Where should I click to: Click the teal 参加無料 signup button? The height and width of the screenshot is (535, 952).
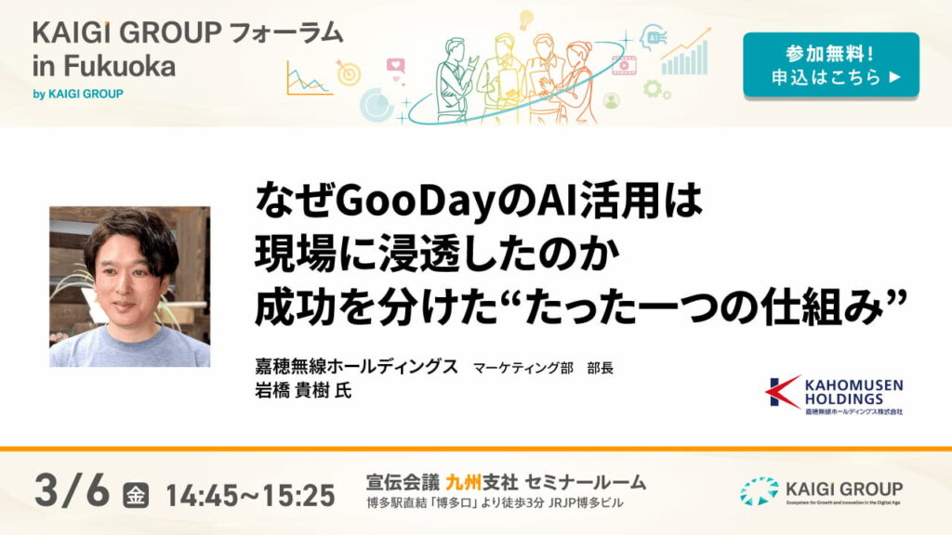point(830,64)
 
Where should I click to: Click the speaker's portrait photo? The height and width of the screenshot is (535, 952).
point(129,286)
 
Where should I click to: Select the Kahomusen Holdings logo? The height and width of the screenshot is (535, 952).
point(833,394)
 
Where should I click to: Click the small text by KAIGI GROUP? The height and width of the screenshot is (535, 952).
point(78,94)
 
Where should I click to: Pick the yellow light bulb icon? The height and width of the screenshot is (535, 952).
point(525,19)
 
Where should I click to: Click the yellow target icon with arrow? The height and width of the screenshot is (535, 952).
point(348,72)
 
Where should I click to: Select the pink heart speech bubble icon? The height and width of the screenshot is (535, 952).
point(396,67)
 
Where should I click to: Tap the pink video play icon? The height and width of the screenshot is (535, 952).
point(624,64)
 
